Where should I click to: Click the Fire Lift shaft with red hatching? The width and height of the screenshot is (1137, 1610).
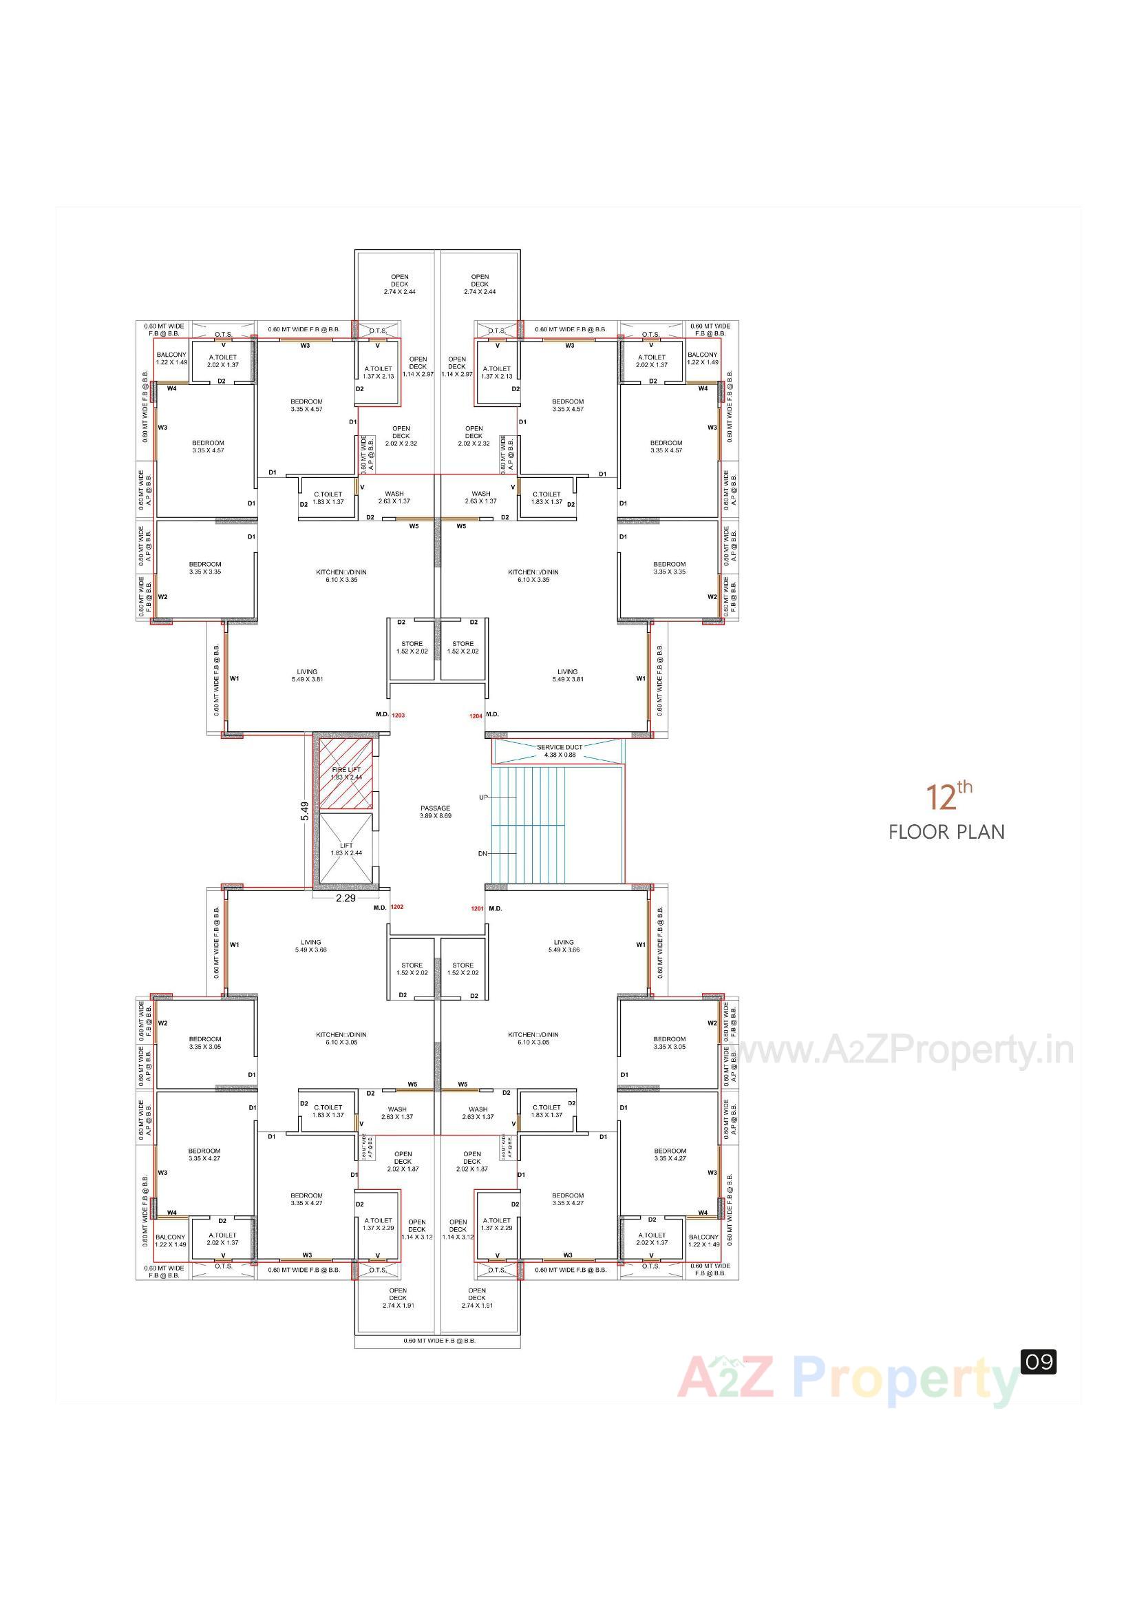[346, 773]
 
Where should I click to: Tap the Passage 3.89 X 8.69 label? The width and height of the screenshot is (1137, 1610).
[435, 811]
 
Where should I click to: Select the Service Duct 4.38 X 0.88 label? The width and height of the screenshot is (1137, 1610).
[560, 751]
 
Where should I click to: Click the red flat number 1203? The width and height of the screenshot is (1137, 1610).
[399, 715]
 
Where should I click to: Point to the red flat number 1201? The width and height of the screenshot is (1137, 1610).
[477, 908]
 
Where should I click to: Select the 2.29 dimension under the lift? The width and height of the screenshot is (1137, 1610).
[346, 897]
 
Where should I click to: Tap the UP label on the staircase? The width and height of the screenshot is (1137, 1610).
[483, 797]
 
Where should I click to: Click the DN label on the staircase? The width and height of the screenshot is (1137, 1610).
[482, 853]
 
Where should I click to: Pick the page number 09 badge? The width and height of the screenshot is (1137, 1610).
[1038, 1362]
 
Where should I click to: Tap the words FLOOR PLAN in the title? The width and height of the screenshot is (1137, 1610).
[946, 832]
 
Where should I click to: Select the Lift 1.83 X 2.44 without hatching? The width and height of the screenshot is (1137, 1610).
[346, 849]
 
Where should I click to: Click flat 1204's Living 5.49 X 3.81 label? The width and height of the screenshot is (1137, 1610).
[567, 676]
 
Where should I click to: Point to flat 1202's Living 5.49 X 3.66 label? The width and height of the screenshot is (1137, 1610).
[310, 946]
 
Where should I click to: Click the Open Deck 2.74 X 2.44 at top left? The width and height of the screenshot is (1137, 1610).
[400, 284]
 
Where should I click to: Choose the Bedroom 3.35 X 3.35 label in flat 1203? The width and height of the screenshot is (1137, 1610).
[204, 567]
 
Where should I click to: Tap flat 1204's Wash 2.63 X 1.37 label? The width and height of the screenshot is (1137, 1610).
[480, 497]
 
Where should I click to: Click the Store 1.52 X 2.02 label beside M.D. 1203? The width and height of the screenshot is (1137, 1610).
[412, 647]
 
